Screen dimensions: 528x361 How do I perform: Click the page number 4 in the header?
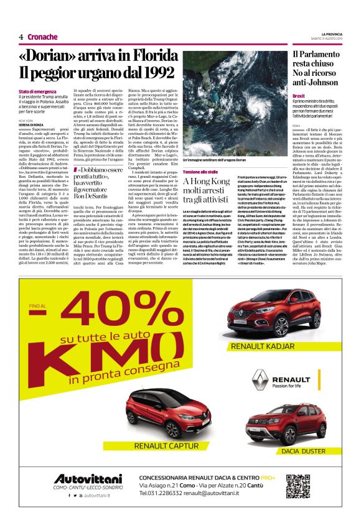click(x=21, y=37)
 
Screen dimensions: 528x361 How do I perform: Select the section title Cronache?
click(x=42, y=37)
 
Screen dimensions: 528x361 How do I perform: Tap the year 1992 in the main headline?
click(x=154, y=72)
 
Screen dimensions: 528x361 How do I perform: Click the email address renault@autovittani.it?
click(x=220, y=498)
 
